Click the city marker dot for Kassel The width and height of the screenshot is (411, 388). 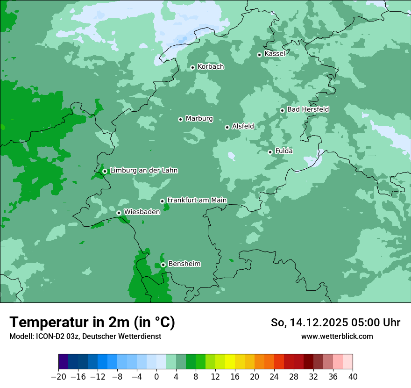pos(259,55)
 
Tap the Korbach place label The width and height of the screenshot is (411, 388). pos(211,66)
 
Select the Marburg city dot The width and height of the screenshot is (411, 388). pos(180,119)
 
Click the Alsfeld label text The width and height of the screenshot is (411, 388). pos(243,126)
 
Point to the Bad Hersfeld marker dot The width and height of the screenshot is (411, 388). pos(282,110)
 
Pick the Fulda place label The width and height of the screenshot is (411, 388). pos(284,151)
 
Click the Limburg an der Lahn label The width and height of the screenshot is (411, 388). pos(143,171)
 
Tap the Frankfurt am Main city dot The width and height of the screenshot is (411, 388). pos(162,201)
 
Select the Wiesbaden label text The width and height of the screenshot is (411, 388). pos(142,212)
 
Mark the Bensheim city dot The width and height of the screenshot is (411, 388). pos(163,265)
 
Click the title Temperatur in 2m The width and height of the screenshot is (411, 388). pos(92,323)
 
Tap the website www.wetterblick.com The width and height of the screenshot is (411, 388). pos(337,336)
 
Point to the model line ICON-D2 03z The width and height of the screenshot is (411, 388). pos(85,336)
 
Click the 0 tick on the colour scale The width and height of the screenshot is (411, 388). pos(156,377)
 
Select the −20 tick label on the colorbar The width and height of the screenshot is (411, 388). pos(58,377)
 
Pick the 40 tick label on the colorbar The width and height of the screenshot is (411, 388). pos(353,377)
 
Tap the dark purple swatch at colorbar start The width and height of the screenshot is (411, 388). pos(63,362)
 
